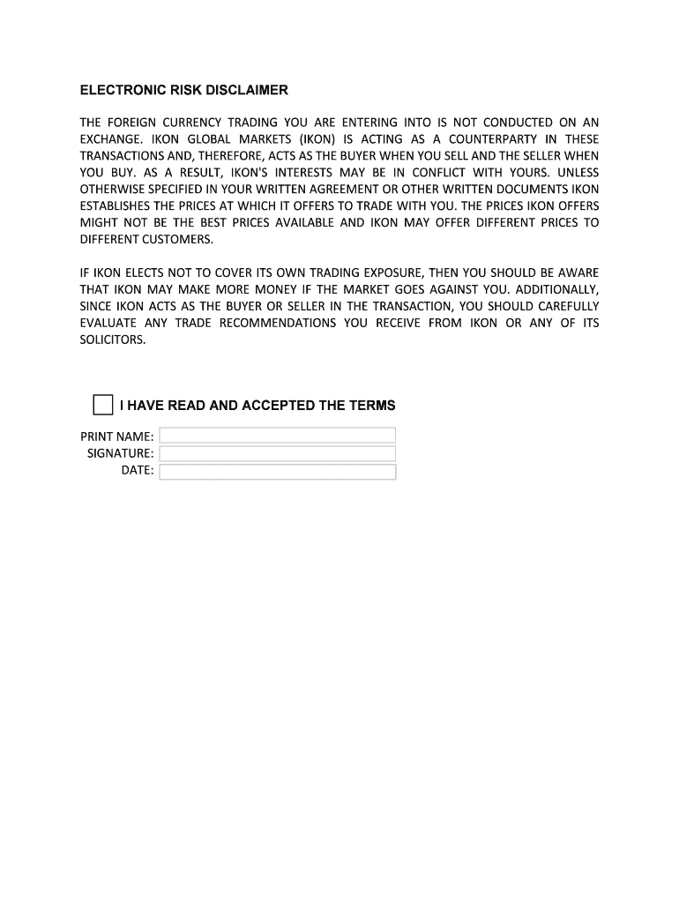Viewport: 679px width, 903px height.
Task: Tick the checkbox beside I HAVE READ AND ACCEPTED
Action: click(103, 405)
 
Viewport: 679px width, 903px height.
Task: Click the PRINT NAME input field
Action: click(277, 436)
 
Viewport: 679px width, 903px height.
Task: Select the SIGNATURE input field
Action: click(277, 453)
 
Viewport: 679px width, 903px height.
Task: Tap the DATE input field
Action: click(277, 471)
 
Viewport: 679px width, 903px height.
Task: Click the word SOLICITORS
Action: click(113, 340)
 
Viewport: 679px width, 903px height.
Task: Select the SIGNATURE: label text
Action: click(120, 453)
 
